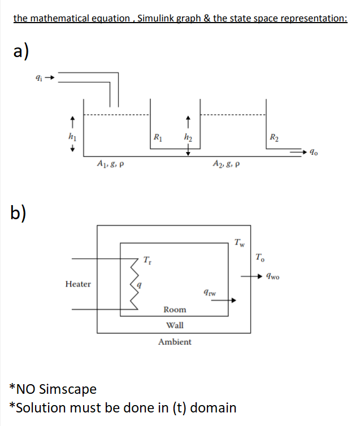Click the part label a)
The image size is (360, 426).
pos(21,51)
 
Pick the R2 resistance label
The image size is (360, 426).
pos(274,136)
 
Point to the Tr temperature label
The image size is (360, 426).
pos(148,260)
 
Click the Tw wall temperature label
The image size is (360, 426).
pos(240,244)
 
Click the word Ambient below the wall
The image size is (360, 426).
pos(175,342)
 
